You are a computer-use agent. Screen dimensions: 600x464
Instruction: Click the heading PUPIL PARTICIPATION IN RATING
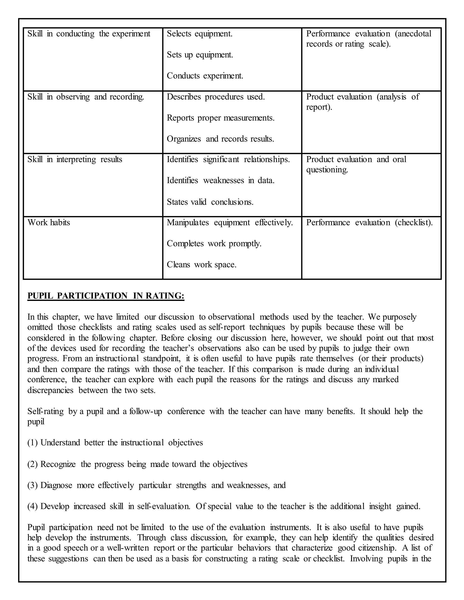tap(106, 296)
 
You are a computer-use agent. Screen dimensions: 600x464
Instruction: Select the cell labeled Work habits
tap(49, 222)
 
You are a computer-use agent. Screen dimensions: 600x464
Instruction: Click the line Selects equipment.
tap(200, 34)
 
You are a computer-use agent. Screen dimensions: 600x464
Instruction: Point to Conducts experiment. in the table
tap(205, 76)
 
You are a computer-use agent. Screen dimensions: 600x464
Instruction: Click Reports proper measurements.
tap(221, 118)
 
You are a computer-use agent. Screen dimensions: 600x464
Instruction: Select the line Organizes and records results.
tap(220, 139)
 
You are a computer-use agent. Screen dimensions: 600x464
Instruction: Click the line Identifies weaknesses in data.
tap(221, 180)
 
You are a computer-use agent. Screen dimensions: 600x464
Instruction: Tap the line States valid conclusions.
tap(210, 202)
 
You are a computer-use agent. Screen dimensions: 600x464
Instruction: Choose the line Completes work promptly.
tap(214, 244)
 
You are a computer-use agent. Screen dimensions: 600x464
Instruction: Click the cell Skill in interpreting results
tap(75, 159)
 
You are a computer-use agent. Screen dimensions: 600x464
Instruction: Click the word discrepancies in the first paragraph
tap(50, 390)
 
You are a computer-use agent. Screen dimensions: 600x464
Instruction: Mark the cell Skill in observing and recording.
tap(86, 97)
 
